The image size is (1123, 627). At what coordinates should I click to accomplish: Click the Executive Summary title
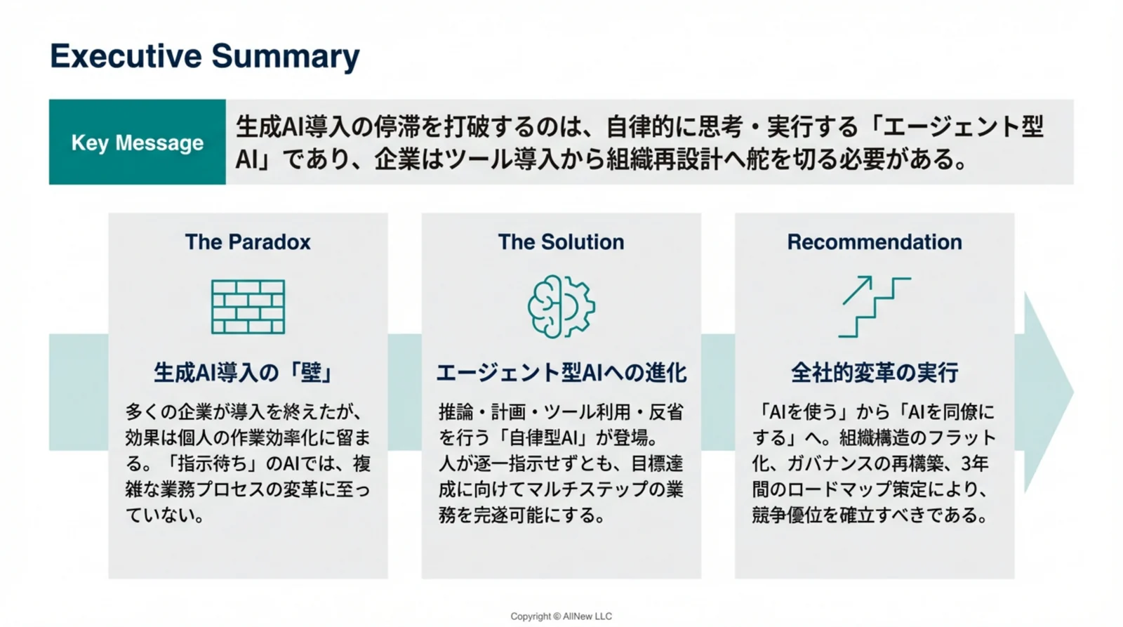(204, 56)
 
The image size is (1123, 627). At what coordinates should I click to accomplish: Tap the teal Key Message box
(138, 143)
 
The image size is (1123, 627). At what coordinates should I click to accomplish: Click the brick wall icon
(248, 307)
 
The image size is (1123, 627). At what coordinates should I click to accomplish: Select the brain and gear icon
(561, 307)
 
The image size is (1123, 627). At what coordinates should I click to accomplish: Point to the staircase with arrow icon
(874, 306)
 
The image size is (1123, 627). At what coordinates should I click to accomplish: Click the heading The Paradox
(248, 242)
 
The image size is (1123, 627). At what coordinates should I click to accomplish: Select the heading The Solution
(561, 242)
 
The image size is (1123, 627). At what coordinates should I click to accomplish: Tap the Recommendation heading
(874, 242)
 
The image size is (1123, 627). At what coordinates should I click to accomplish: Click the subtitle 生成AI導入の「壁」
(244, 372)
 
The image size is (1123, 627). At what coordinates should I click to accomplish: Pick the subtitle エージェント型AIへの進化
(561, 372)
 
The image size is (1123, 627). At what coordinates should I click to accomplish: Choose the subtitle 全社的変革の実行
(874, 372)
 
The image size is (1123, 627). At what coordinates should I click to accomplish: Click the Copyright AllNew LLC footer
(561, 616)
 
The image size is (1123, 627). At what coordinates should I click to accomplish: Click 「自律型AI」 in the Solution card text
(542, 437)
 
